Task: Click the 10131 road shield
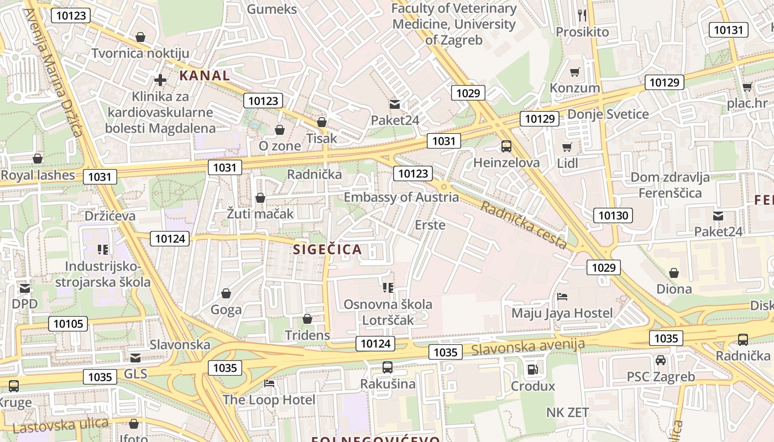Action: [729, 30]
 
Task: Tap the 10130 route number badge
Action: [613, 215]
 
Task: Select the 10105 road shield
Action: [69, 324]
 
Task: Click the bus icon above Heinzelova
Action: [506, 146]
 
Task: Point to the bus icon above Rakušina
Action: [388, 367]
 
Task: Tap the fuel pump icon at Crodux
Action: [532, 370]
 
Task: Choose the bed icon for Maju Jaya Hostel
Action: [562, 297]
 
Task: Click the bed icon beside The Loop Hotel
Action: [269, 383]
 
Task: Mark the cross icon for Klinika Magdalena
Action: [160, 80]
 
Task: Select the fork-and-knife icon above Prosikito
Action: [582, 15]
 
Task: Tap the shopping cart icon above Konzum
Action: [575, 72]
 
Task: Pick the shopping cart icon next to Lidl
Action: [567, 147]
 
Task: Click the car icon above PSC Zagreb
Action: [661, 361]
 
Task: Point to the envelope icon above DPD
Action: [25, 288]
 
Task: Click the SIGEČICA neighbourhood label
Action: [327, 249]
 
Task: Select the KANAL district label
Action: [205, 76]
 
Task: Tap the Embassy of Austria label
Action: [401, 197]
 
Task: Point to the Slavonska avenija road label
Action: [528, 347]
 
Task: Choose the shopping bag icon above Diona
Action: [674, 273]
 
